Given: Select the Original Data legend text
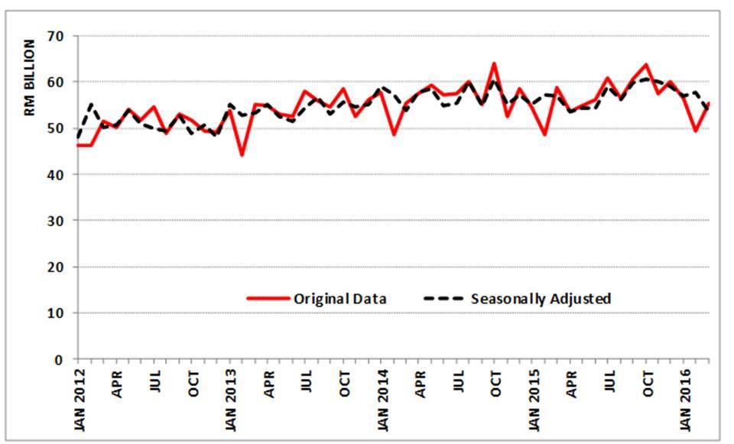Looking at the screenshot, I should pyautogui.click(x=339, y=299).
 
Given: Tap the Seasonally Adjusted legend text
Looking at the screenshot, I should pyautogui.click(x=541, y=299).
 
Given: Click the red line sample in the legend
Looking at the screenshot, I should pyautogui.click(x=268, y=299).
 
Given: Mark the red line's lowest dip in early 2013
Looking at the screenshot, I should pyautogui.click(x=242, y=155).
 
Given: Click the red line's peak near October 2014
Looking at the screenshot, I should pyautogui.click(x=494, y=63).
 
